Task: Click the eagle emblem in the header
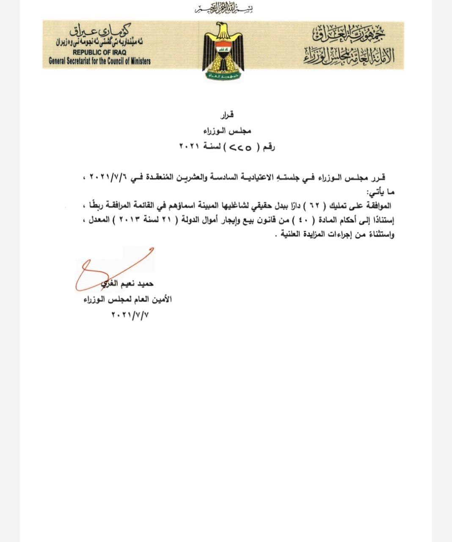pyautogui.click(x=223, y=51)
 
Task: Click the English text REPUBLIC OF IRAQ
pyautogui.click(x=100, y=52)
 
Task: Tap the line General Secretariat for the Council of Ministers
pyautogui.click(x=99, y=61)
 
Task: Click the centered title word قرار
pyautogui.click(x=228, y=115)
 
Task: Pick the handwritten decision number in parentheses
pyautogui.click(x=240, y=148)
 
